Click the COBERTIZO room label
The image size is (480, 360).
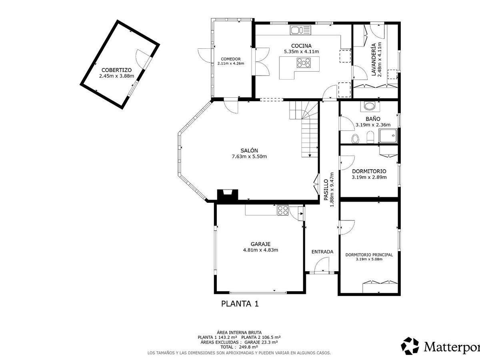click(116, 70)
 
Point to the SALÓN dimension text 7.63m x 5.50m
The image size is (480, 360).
click(249, 156)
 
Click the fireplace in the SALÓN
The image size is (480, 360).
click(227, 194)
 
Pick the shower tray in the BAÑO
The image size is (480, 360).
click(388, 136)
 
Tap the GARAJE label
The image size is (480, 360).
click(260, 244)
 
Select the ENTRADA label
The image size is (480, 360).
click(322, 252)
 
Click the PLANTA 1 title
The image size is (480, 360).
click(240, 304)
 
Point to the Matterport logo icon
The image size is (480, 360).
click(410, 346)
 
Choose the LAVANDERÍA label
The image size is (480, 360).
click(374, 60)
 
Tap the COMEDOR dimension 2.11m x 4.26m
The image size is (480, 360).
click(231, 64)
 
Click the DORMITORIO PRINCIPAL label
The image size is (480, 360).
click(369, 255)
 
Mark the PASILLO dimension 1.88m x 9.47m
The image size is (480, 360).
click(332, 190)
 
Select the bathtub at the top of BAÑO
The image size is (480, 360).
click(370, 106)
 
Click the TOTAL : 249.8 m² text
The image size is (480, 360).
click(239, 347)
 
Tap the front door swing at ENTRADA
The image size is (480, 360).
click(322, 265)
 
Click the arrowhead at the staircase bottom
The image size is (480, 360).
click(310, 156)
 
